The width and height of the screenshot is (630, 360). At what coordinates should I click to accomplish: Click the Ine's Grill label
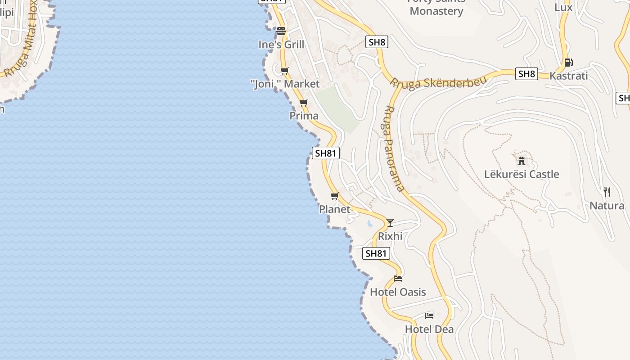coord(281,45)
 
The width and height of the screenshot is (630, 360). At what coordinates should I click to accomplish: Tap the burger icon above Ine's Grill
coord(281,31)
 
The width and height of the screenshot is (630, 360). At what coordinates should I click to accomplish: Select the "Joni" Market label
coord(285,84)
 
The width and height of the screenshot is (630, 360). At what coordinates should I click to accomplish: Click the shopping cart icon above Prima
coord(304,103)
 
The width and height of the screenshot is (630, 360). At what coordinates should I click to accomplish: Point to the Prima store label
coord(304,116)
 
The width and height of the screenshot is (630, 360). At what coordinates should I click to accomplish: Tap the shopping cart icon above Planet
coord(334,196)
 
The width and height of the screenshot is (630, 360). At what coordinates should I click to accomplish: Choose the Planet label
coord(334,209)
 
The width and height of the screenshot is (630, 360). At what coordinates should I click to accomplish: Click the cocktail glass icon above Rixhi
coord(390,223)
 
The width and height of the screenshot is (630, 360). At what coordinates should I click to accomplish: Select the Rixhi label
coord(390,236)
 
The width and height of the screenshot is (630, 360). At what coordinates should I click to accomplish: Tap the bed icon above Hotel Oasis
coord(398,279)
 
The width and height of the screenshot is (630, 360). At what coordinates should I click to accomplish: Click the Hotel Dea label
coord(429,329)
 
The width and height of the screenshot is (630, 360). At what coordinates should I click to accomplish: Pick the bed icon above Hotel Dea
coord(429,315)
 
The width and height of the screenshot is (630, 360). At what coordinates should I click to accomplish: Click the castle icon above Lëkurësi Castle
coord(522,161)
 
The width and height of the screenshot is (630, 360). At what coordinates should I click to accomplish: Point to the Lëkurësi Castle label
coord(522,174)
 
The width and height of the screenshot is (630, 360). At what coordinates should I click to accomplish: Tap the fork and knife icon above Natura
coord(607,192)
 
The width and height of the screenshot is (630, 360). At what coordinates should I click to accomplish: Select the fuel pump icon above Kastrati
coord(569,63)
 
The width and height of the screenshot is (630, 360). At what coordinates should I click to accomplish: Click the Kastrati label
coord(569,76)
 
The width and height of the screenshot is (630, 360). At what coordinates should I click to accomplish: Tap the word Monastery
coord(436,11)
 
